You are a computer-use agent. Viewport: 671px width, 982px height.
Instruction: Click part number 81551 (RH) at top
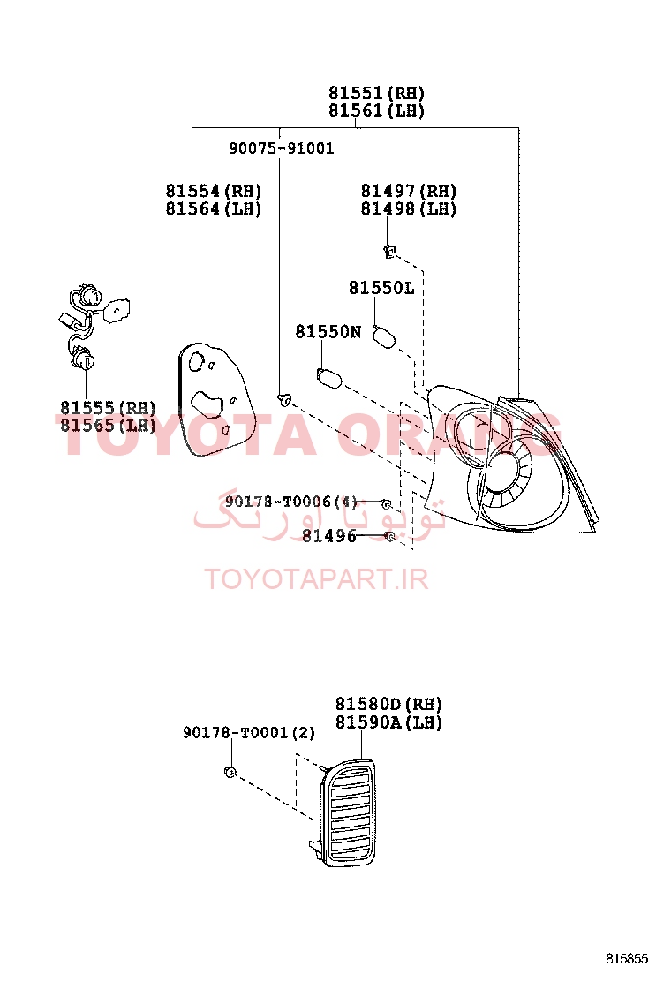[377, 93]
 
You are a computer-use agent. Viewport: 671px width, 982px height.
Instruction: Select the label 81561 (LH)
[377, 110]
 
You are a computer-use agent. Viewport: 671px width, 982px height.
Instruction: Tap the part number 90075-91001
[281, 148]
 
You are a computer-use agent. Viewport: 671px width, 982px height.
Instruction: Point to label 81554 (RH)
[214, 191]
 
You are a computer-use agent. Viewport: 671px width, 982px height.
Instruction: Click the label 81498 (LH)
[409, 208]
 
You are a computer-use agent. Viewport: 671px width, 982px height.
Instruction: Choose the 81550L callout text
[381, 288]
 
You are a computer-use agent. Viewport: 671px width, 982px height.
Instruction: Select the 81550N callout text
[328, 331]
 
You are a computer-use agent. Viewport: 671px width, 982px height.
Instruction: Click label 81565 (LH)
[108, 426]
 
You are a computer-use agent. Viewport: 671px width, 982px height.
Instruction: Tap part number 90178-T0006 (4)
[291, 502]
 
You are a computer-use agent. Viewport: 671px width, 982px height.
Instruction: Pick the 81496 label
[329, 535]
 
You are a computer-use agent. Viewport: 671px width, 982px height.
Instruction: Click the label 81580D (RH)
[388, 704]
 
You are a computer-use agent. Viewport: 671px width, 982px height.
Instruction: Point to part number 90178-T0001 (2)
[249, 732]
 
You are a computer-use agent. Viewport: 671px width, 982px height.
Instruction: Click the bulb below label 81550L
[384, 336]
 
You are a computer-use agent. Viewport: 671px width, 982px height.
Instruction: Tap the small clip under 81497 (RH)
[389, 252]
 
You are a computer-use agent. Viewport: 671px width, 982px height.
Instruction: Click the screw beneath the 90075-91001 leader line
[285, 398]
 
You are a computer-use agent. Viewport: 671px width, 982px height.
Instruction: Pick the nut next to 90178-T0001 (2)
[230, 772]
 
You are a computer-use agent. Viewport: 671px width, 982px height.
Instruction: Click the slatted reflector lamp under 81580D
[346, 812]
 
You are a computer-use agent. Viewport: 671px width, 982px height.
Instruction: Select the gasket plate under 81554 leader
[216, 398]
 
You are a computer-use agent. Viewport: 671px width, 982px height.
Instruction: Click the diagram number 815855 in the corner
[627, 959]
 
